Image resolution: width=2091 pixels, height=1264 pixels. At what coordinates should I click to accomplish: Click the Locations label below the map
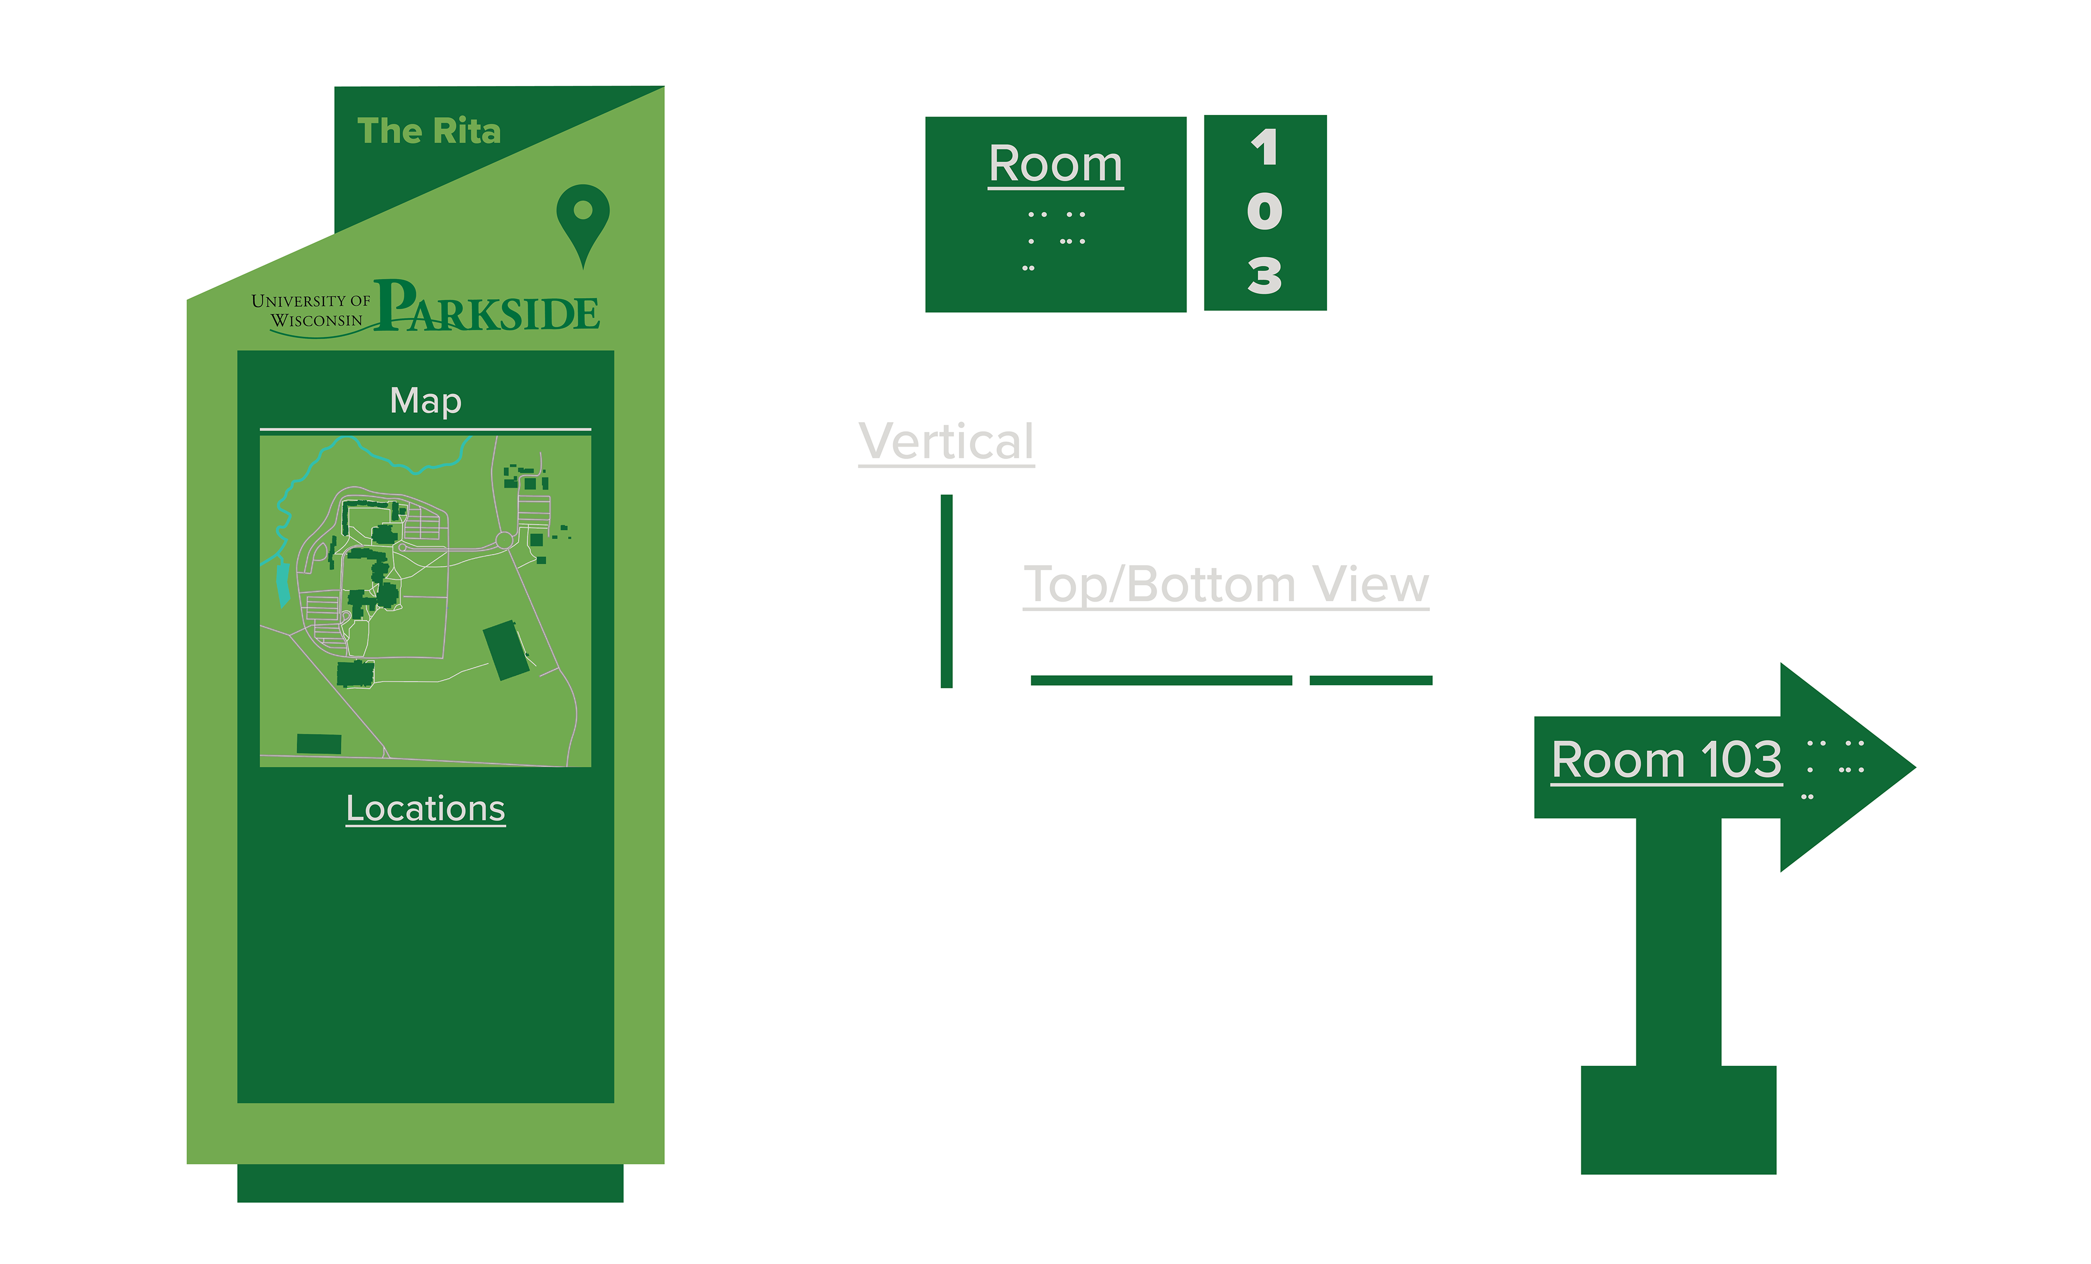[x=425, y=808]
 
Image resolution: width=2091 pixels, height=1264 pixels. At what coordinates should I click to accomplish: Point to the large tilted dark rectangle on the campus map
[x=506, y=650]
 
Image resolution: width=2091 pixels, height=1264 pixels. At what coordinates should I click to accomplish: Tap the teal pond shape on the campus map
[x=283, y=584]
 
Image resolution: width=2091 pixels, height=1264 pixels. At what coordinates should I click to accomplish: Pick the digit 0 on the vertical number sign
[x=1264, y=211]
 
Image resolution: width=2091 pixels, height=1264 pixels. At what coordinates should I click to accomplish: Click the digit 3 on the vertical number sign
[x=1264, y=276]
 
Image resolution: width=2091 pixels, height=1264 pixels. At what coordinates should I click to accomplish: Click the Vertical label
[x=946, y=442]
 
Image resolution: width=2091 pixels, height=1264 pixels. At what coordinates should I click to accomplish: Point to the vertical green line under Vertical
[x=946, y=591]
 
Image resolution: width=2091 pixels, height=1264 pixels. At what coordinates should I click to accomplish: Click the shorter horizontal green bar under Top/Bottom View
[x=1371, y=680]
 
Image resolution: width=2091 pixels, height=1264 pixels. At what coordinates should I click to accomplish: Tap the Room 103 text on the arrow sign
[x=1666, y=759]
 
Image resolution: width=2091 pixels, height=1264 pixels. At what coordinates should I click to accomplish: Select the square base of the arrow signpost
[x=1678, y=1119]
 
